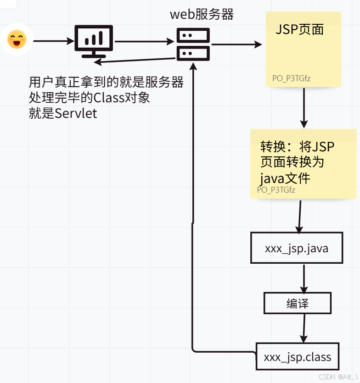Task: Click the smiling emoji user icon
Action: pyautogui.click(x=17, y=40)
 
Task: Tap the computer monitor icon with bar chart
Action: pyautogui.click(x=94, y=41)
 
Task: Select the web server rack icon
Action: pyautogui.click(x=193, y=44)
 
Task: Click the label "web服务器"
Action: pyautogui.click(x=202, y=15)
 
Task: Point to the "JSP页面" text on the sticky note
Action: pyautogui.click(x=300, y=29)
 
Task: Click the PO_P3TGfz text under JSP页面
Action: pyautogui.click(x=291, y=78)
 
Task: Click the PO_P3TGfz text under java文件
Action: pyautogui.click(x=276, y=190)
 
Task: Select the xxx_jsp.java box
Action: pyautogui.click(x=296, y=248)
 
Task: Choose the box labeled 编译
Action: pyautogui.click(x=297, y=303)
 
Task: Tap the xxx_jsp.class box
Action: pyautogui.click(x=297, y=356)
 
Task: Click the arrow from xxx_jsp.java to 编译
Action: pyautogui.click(x=304, y=278)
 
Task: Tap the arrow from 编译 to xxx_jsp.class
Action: pyautogui.click(x=302, y=328)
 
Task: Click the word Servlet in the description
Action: pyautogui.click(x=76, y=113)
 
